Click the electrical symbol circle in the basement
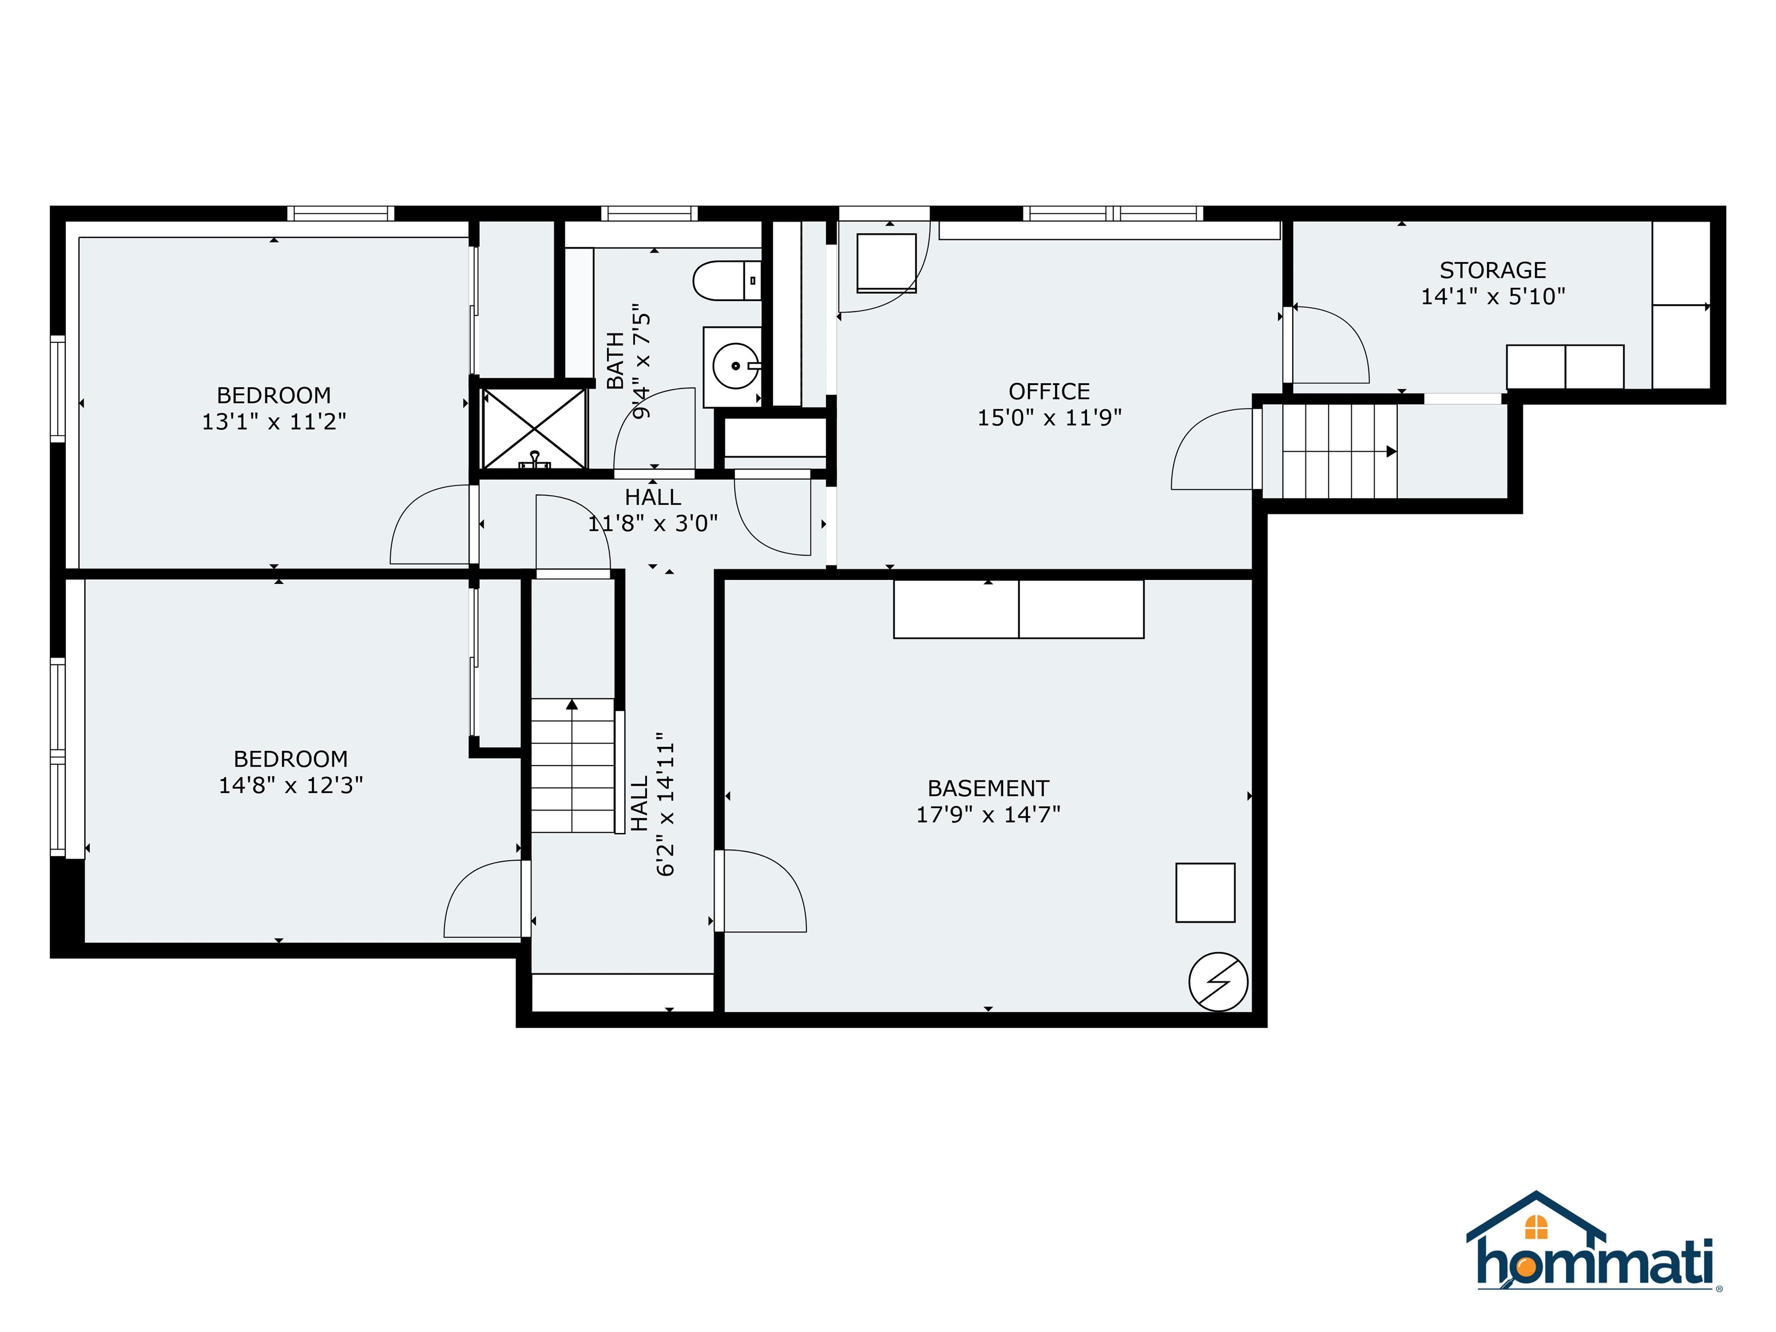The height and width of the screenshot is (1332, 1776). pyautogui.click(x=1218, y=981)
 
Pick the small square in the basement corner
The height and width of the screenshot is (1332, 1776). pyautogui.click(x=1205, y=893)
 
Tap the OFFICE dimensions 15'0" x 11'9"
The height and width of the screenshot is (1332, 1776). pyautogui.click(x=1049, y=417)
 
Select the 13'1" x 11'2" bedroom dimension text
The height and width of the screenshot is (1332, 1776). pyautogui.click(x=274, y=421)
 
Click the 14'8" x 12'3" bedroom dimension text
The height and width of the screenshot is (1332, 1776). pyautogui.click(x=291, y=785)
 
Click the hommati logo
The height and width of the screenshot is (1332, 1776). pyautogui.click(x=1594, y=1253)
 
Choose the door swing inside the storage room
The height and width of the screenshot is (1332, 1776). pyautogui.click(x=1328, y=345)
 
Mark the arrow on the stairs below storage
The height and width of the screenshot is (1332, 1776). pyautogui.click(x=1392, y=452)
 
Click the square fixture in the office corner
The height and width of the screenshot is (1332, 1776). pyautogui.click(x=886, y=262)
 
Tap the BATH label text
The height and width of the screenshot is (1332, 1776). pyautogui.click(x=615, y=361)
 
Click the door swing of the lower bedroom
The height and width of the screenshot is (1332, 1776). pyautogui.click(x=483, y=898)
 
